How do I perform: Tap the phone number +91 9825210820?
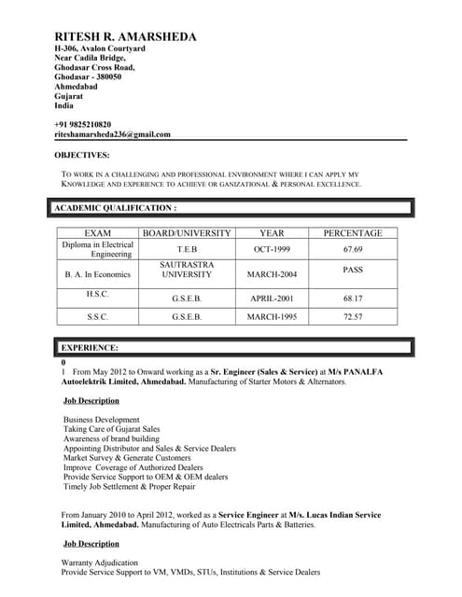pyautogui.click(x=82, y=124)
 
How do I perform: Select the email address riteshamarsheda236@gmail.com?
pyautogui.click(x=112, y=134)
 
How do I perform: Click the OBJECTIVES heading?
pyautogui.click(x=81, y=155)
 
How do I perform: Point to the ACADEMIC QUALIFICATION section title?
pyautogui.click(x=115, y=208)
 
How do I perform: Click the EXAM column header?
pyautogui.click(x=98, y=233)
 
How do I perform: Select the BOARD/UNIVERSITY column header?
pyautogui.click(x=186, y=233)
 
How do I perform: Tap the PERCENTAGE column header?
pyautogui.click(x=352, y=233)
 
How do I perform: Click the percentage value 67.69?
pyautogui.click(x=352, y=250)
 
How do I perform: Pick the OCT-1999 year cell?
pyautogui.click(x=272, y=250)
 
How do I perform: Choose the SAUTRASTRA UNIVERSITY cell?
pyautogui.click(x=186, y=271)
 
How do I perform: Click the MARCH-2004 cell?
pyautogui.click(x=272, y=275)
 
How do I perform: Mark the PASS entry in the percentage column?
pyautogui.click(x=352, y=270)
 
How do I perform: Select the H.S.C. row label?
pyautogui.click(x=98, y=294)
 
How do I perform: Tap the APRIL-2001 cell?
pyautogui.click(x=272, y=299)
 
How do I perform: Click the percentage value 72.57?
pyautogui.click(x=352, y=317)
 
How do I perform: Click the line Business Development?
pyautogui.click(x=102, y=420)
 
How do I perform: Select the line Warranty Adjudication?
pyautogui.click(x=100, y=563)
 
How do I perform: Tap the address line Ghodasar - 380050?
pyautogui.click(x=94, y=77)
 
